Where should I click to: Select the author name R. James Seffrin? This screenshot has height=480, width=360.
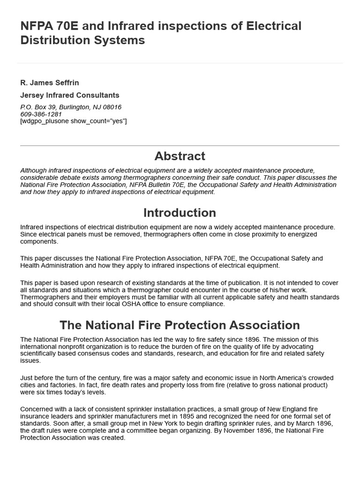50,83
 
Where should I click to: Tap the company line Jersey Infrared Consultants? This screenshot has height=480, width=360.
70,95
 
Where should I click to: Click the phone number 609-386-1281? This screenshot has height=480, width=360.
41,114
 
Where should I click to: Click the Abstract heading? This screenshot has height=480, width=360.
180,156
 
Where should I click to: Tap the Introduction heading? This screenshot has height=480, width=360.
180,213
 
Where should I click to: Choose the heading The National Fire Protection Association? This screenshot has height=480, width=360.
180,325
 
